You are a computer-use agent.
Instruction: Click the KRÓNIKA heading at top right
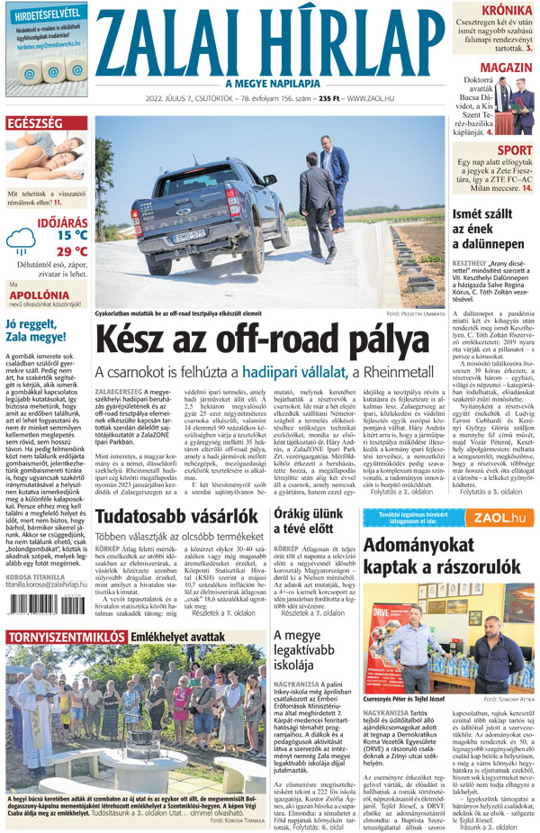(x=506, y=11)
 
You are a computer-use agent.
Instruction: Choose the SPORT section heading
(x=514, y=149)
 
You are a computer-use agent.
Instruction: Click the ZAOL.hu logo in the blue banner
(x=500, y=518)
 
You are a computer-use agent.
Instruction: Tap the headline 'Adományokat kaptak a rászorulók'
(x=447, y=555)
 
